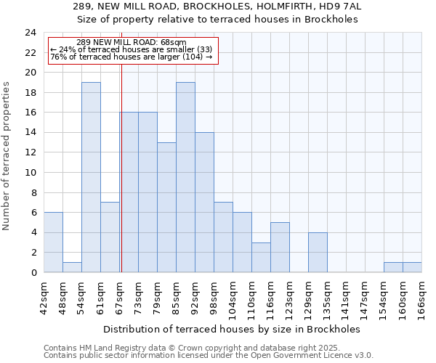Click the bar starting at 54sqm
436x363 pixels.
pos(91,177)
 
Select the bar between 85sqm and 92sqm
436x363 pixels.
pos(185,177)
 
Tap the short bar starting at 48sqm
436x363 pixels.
pos(72,267)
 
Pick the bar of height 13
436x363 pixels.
pos(166,207)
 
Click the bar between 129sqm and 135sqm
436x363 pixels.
pos(318,252)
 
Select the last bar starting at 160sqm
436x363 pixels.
pos(412,267)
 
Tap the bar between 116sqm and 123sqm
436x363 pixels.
pos(280,247)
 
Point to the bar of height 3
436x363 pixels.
pos(261,257)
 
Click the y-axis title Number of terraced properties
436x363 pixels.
pos(7,155)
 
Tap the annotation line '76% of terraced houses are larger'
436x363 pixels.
pos(131,57)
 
